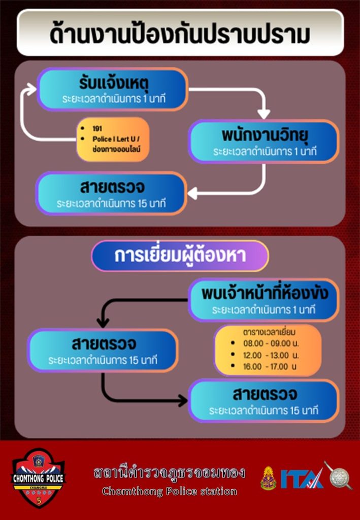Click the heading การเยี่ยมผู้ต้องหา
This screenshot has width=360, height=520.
tap(180, 255)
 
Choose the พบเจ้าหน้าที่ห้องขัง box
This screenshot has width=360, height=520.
tap(264, 300)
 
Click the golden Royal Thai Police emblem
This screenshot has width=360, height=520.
tap(269, 478)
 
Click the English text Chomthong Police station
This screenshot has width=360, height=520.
tap(169, 491)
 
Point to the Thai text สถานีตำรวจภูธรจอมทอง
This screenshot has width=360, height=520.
tap(169, 473)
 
